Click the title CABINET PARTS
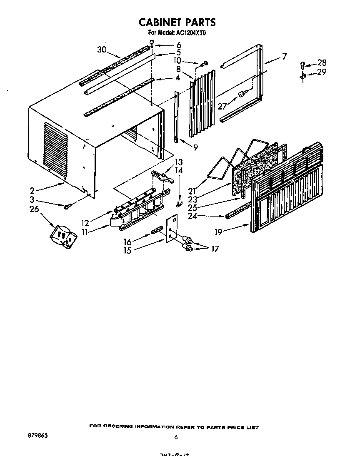click(177, 22)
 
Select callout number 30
click(102, 50)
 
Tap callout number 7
click(284, 57)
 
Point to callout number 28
click(322, 63)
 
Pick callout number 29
click(322, 72)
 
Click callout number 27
click(222, 107)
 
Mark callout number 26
click(34, 209)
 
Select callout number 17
click(215, 249)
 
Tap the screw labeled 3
click(67, 206)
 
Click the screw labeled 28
click(302, 64)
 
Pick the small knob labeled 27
click(241, 95)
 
